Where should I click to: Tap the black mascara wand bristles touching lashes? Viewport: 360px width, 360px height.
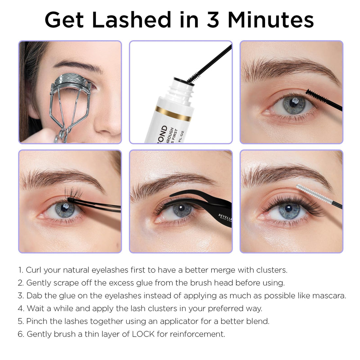314,95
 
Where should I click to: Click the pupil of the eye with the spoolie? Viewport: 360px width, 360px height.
289,208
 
